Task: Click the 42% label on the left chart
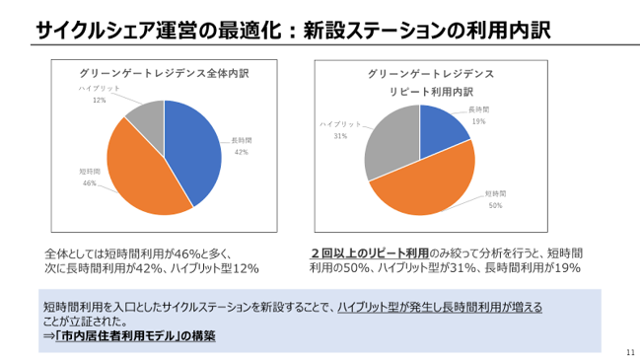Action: point(241,152)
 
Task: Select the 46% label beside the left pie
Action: point(89,183)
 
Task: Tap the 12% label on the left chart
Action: point(100,101)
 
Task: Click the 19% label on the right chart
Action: point(478,120)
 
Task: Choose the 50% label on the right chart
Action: point(495,205)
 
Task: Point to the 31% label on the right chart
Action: point(340,136)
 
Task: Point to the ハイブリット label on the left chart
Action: point(101,89)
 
